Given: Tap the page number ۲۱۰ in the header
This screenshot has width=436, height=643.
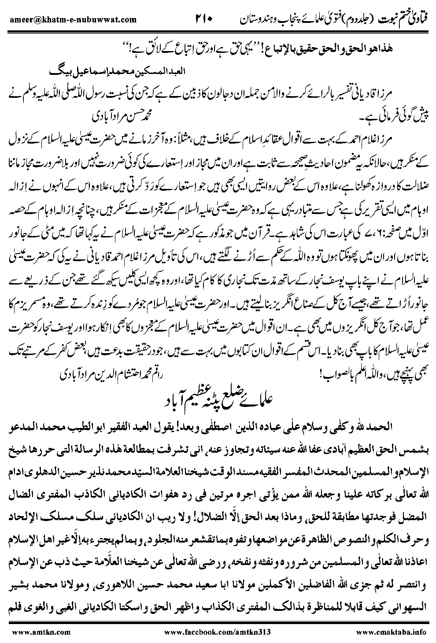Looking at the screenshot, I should click(204, 19).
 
